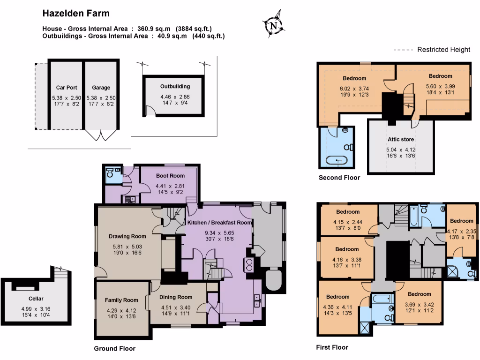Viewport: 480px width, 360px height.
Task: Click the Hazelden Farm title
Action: (x=77, y=13)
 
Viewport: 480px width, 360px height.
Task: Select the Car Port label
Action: (x=67, y=88)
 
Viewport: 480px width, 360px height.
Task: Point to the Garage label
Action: (x=101, y=88)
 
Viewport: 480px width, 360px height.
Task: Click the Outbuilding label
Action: (x=175, y=87)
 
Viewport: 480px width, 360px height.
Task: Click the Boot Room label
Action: (x=170, y=176)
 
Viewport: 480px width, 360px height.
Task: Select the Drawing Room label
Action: (x=127, y=236)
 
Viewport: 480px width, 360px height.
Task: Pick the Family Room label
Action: (x=121, y=300)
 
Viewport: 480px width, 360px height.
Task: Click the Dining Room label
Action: (x=176, y=297)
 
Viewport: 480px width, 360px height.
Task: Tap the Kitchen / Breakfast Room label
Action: (x=219, y=222)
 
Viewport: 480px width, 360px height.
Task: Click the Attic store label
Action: (x=400, y=139)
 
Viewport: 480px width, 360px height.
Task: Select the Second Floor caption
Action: (x=339, y=178)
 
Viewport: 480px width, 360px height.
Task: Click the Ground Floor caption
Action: (x=115, y=348)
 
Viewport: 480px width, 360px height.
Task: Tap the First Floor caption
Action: (x=332, y=347)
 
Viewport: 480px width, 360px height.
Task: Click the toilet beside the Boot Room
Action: (x=110, y=175)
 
